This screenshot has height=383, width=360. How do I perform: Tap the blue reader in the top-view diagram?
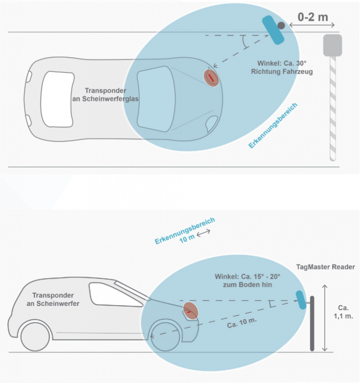point(273,30)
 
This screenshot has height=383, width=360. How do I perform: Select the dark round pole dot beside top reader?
point(281,25)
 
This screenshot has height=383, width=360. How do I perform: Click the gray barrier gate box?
point(332,45)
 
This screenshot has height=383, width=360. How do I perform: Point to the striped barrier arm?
point(333,108)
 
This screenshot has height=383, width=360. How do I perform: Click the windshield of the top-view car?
point(155,98)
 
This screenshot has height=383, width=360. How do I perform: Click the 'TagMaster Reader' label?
point(325,267)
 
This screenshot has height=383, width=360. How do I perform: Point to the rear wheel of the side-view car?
point(35,336)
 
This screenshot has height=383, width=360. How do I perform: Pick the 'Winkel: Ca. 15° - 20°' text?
point(247,277)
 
